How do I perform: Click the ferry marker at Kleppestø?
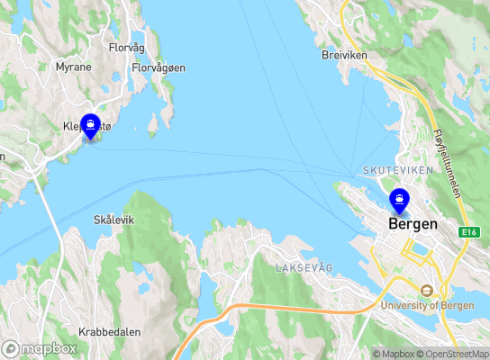click(x=90, y=127)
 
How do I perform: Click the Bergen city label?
click(x=413, y=224)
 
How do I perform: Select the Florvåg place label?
click(x=127, y=47)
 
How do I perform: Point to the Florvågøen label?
click(x=159, y=67)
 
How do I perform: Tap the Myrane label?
click(x=73, y=67)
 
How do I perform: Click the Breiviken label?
click(x=344, y=55)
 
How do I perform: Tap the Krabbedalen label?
click(x=109, y=331)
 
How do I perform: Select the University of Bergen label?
click(x=428, y=305)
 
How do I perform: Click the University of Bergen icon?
click(x=427, y=291)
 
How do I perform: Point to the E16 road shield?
click(x=468, y=232)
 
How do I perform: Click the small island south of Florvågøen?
click(x=154, y=123)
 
